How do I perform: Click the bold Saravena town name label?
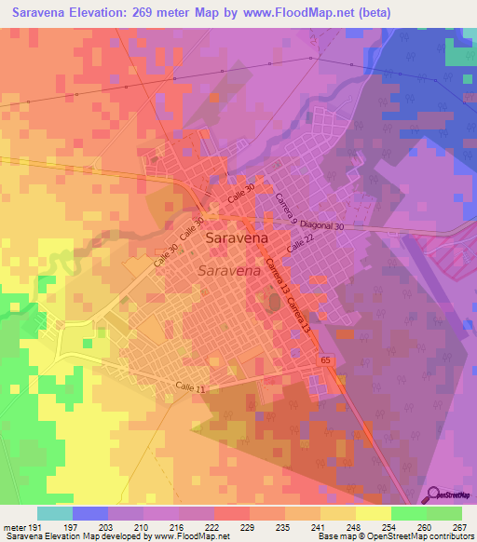pos(238,237)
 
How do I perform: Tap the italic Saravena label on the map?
pos(228,271)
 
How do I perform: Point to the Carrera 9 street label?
pos(284,210)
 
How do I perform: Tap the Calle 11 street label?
pos(189,386)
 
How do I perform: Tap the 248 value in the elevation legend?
pos(353,526)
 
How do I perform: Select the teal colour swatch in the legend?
pos(54,513)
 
